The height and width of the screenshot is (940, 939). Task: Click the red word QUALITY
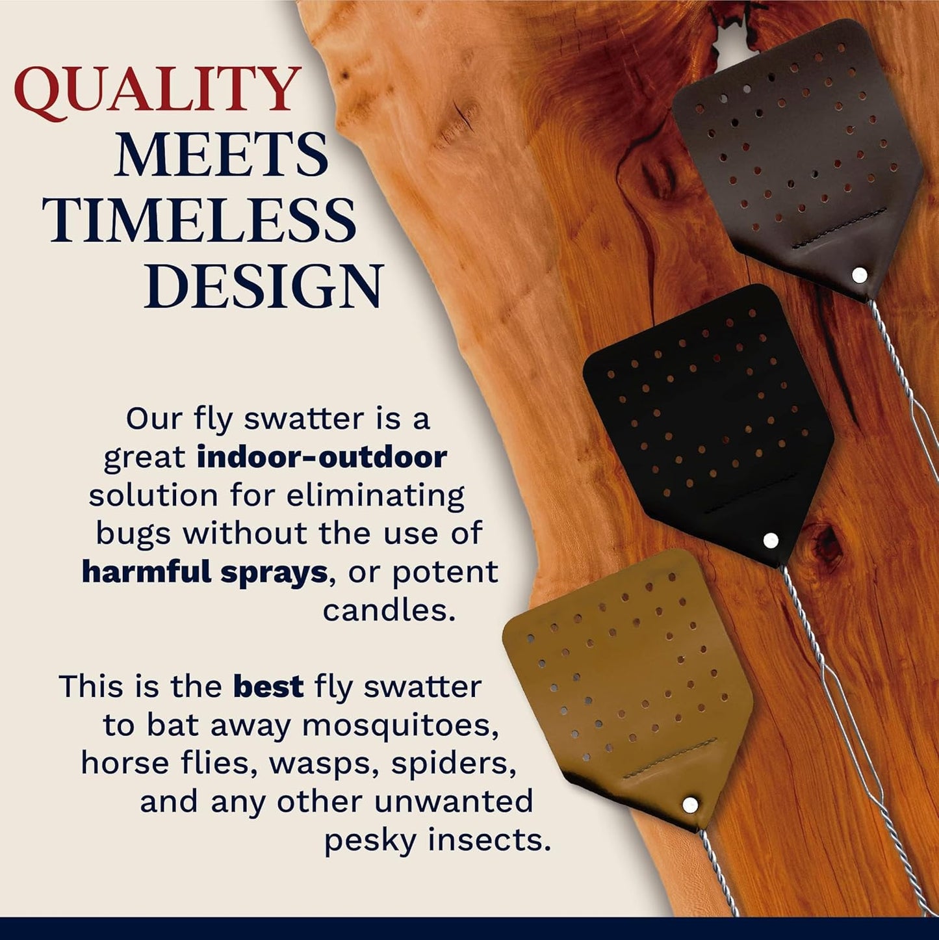coord(157,90)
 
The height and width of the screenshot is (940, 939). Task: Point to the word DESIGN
coord(264,287)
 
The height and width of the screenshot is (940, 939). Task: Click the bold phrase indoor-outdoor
coord(322,458)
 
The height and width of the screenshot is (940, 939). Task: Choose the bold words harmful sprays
coord(204,573)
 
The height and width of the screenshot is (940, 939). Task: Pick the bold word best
coord(268,687)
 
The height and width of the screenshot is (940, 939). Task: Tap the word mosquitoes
coord(400,725)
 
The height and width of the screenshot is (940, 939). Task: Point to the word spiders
coord(454,764)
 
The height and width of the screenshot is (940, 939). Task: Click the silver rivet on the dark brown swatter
coord(860,275)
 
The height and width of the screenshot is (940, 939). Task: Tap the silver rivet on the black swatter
coord(771,540)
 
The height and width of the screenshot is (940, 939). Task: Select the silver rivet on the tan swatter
coord(690,805)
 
